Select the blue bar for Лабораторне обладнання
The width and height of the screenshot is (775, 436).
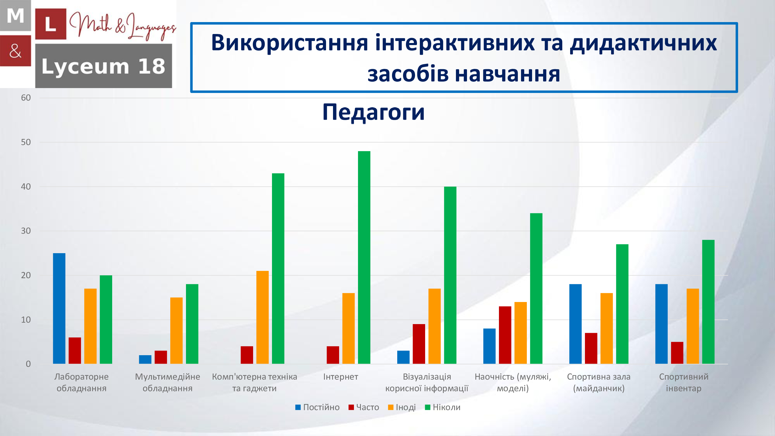59,308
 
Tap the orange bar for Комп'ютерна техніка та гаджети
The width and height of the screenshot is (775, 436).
262,317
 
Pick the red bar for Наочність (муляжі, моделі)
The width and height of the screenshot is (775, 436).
505,335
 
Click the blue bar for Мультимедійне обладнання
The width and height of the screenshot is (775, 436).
145,360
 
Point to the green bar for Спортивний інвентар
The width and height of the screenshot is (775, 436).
708,302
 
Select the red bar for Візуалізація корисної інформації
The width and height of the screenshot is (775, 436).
419,344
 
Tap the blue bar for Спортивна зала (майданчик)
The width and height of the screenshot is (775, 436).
575,324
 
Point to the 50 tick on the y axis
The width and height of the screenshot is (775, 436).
26,142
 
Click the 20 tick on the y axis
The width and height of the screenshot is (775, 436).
26,275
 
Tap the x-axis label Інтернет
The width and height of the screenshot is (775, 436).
341,377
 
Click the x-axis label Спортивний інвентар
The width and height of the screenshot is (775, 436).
683,383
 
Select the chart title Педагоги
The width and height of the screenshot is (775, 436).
373,112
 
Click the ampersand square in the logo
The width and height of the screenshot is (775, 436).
15,51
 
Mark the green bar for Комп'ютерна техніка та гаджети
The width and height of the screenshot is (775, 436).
278,268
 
